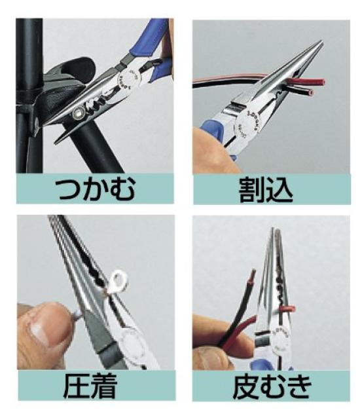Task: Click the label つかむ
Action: [96, 190]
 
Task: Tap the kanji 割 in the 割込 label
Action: [251, 190]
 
